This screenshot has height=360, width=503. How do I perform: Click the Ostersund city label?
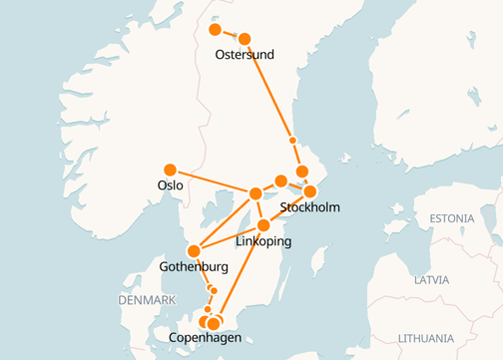click(245, 54)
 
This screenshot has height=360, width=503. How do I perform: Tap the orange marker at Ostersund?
click(245, 39)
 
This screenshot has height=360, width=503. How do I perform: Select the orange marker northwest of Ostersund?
click(215, 30)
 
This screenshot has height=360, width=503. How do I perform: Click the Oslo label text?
click(170, 185)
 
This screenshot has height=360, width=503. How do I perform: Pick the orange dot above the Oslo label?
click(170, 169)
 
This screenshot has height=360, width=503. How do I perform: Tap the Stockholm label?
click(310, 207)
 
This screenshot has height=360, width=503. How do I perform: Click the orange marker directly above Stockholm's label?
click(309, 190)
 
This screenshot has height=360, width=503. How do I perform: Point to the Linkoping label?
click(263, 241)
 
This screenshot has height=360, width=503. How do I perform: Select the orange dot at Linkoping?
click(263, 225)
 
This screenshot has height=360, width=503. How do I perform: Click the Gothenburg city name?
click(194, 266)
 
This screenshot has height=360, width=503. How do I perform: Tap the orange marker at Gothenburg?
click(194, 250)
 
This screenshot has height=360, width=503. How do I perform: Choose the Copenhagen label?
click(206, 340)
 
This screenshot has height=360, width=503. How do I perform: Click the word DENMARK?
click(146, 300)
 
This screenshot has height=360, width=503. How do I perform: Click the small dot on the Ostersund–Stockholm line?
click(292, 140)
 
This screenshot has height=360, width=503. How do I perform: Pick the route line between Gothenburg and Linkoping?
click(229, 237)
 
